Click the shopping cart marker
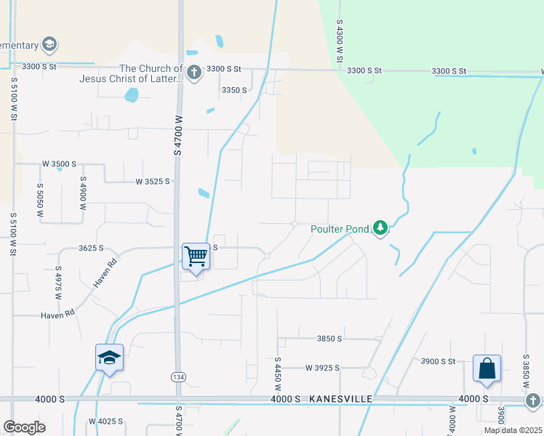[196, 257]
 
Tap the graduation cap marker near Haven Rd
[109, 358]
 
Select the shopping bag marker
[487, 368]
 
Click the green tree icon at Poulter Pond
[380, 229]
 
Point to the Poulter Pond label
[340, 229]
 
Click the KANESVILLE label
[340, 400]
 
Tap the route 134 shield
[178, 376]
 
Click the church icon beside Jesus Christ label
[193, 72]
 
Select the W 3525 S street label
[153, 181]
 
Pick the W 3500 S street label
[59, 164]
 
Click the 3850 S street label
[329, 339]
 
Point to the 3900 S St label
[438, 361]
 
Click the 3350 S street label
[234, 90]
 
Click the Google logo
[24, 427]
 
